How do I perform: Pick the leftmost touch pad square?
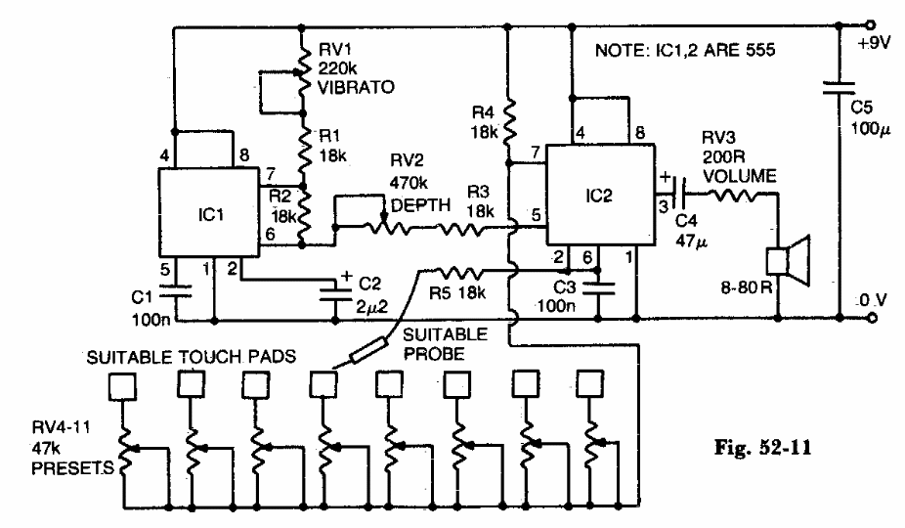coord(121,388)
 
